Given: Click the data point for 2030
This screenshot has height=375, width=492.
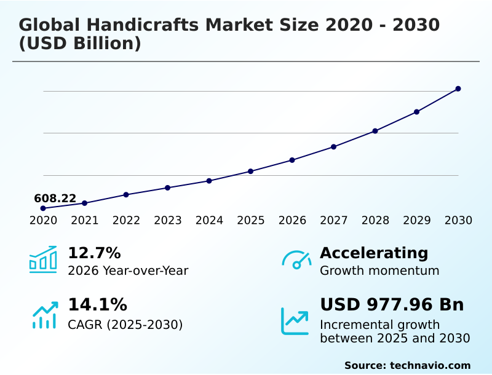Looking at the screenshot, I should [458, 89].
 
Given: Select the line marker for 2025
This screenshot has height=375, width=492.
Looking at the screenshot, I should [250, 171].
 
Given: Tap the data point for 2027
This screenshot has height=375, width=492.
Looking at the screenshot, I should [333, 146].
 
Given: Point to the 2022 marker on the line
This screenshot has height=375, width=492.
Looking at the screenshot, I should [126, 194].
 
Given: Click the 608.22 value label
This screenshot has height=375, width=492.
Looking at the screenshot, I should [55, 199].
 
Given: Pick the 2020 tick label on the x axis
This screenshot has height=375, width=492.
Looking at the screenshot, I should [43, 220].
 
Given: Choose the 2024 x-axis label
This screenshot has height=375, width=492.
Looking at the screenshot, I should [209, 220].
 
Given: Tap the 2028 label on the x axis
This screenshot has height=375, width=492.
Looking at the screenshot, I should [375, 220].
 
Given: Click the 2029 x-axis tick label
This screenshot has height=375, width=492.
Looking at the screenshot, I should [416, 220].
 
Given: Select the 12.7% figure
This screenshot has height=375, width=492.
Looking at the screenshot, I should [94, 253].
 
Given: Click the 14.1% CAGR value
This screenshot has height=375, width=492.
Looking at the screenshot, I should [97, 304].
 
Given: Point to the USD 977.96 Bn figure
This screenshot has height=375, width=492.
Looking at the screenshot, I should [392, 304].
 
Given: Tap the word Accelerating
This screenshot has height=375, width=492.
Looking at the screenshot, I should [374, 253].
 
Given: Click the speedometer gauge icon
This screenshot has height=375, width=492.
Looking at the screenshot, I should [296, 260].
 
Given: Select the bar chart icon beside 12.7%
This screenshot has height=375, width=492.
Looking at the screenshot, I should [43, 259].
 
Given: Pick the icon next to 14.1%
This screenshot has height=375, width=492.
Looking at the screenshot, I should [44, 314].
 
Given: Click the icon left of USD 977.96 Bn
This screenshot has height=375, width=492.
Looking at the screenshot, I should [295, 320].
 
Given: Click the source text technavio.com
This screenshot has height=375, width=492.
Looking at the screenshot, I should [430, 365].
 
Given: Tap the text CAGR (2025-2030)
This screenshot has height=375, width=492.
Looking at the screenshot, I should [125, 325].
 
